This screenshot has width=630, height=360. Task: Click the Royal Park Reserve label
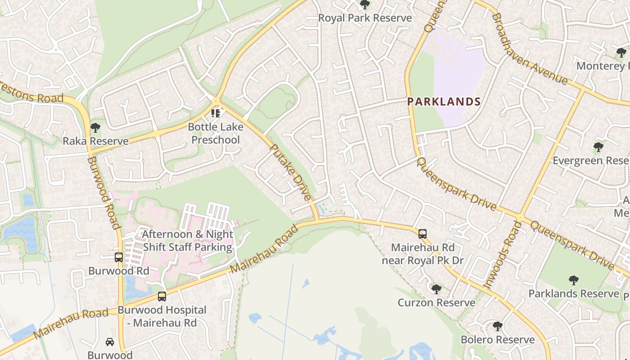click(x=365, y=18)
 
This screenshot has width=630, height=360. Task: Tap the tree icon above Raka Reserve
click(x=95, y=128)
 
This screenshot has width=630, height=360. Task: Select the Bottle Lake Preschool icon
click(x=216, y=113)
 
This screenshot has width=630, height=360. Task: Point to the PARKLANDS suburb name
click(x=444, y=102)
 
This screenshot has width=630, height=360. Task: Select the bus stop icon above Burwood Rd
click(x=119, y=257)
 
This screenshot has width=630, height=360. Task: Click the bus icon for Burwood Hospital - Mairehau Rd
click(x=162, y=297)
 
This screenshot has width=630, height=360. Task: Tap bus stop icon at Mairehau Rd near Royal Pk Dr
click(x=422, y=234)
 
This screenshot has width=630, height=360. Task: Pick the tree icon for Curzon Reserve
click(x=436, y=289)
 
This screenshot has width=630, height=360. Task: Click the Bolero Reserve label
click(x=497, y=340)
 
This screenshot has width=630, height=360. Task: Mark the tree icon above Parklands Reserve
click(x=573, y=280)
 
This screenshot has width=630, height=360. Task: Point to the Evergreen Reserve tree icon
click(x=598, y=147)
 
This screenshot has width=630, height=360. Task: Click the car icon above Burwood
click(x=110, y=342)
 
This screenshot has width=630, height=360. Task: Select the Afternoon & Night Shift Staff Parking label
click(x=188, y=241)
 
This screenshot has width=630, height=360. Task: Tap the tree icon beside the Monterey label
click(x=621, y=53)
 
